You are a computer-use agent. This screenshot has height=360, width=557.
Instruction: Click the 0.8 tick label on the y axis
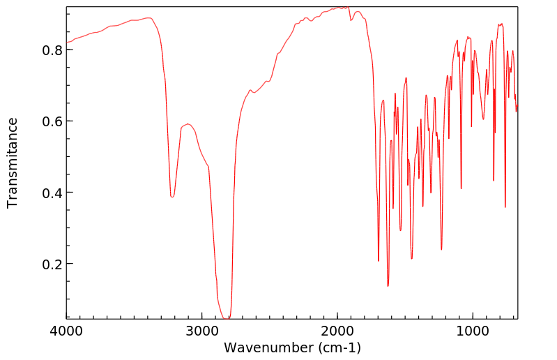[54, 50]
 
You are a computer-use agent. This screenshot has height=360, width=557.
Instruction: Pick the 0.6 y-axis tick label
[54, 121]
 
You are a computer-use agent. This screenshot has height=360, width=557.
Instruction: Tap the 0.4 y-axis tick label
[54, 193]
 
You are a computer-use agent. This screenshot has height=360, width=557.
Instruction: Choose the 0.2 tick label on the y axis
[54, 264]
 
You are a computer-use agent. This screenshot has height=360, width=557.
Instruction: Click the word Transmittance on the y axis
[13, 163]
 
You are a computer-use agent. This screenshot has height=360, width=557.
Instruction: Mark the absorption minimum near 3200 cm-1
[172, 197]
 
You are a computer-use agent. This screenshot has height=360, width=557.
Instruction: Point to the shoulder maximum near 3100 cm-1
[188, 124]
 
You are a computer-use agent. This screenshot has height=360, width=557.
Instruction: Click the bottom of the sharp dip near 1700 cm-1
[379, 261]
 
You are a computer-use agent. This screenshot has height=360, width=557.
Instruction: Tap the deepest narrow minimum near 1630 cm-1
[388, 286]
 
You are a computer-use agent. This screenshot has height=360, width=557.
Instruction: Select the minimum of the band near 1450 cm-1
[412, 259]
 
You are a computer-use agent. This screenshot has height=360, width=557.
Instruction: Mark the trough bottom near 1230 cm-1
[441, 249]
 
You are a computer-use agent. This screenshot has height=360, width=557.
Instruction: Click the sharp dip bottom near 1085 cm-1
[461, 188]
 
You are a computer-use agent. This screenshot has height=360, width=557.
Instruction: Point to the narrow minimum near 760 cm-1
[505, 207]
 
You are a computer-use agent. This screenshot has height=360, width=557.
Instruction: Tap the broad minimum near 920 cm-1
[483, 119]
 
